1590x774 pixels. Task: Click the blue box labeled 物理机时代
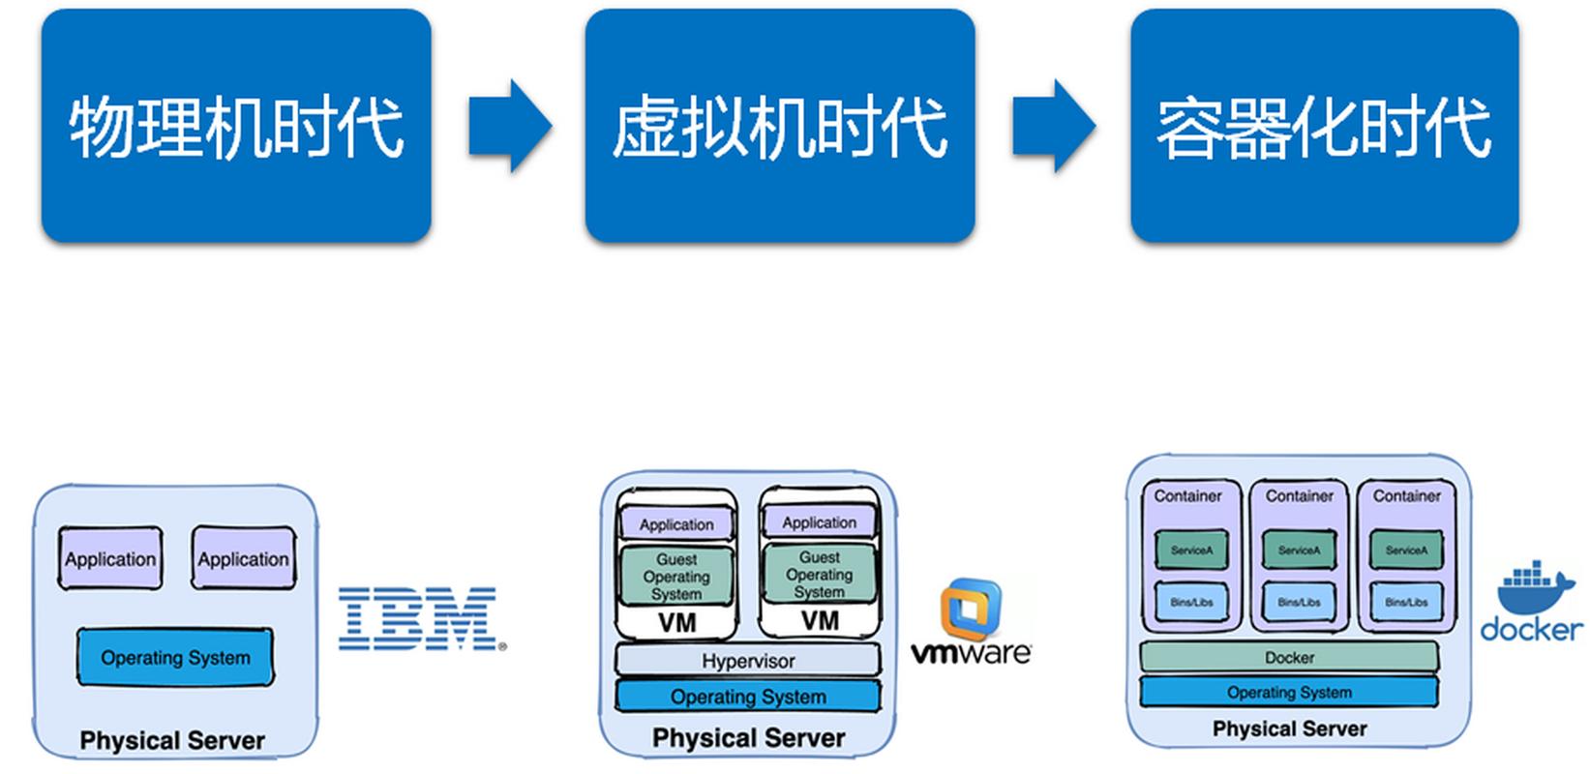pos(235,126)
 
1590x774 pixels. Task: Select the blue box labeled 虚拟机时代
pos(779,126)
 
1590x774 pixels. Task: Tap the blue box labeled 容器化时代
pos(1324,126)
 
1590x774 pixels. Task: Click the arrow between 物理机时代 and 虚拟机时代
pos(509,127)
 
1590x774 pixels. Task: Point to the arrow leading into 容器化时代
pos(1053,127)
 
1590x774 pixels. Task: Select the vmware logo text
pos(971,652)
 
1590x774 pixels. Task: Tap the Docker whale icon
pos(1535,589)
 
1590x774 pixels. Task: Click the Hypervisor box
pos(748,661)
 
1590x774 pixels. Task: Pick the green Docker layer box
pos(1289,657)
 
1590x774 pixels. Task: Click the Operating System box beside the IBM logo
pos(175,658)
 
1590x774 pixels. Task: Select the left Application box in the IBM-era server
pos(109,558)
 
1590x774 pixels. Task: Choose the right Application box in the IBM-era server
pos(243,558)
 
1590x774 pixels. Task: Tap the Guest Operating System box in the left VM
pos(676,576)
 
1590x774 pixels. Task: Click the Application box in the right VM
pos(819,522)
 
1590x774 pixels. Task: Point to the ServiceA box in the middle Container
pos(1299,550)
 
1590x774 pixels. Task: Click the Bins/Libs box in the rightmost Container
pos(1406,602)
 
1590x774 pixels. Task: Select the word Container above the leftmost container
pos(1187,495)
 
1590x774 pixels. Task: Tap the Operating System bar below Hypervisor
pos(748,697)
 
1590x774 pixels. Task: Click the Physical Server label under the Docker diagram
pos(1289,729)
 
